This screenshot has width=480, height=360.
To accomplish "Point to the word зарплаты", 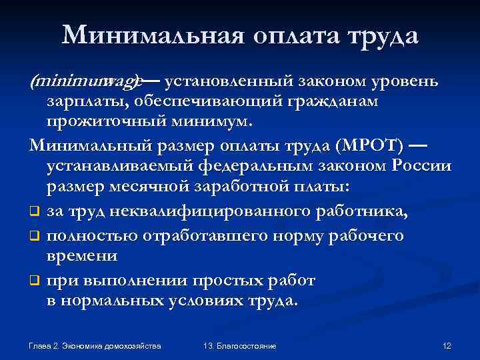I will [x=87, y=102].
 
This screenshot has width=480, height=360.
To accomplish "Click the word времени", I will [x=82, y=257].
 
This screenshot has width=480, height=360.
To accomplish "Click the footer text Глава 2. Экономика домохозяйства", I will [x=95, y=347].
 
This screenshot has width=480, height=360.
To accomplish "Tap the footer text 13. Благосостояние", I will [x=239, y=347].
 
